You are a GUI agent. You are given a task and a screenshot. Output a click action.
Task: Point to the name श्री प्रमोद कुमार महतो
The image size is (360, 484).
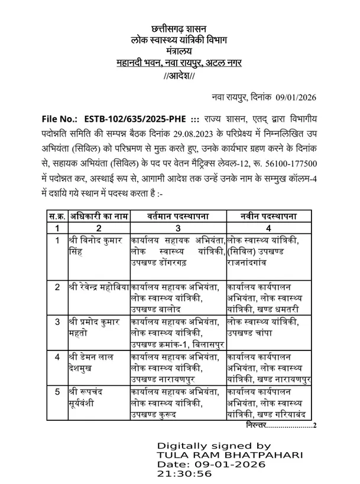tap(95, 327)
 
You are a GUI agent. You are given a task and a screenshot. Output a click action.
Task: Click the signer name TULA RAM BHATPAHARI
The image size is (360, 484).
tap(230, 456)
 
